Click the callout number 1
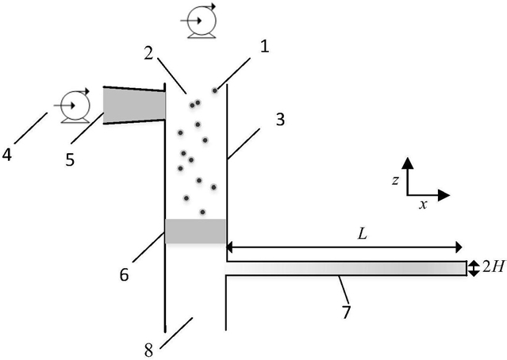tap(264, 47)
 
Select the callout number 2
tap(148, 54)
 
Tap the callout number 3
tap(280, 119)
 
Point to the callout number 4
tap(7, 155)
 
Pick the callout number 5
tap(70, 159)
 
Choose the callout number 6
tap(124, 275)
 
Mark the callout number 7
tap(346, 312)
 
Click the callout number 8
tap(148, 350)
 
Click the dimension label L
tap(363, 234)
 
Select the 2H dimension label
tap(493, 267)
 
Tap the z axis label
tap(395, 180)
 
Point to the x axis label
tap(423, 205)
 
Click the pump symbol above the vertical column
tap(199, 21)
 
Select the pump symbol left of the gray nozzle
tap(73, 105)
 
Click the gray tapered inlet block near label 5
tap(134, 105)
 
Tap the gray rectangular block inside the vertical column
tap(195, 231)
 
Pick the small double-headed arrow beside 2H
tap(474, 269)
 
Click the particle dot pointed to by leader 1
tap(215, 90)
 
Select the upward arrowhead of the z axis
tap(408, 163)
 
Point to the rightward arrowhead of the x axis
tap(444, 195)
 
